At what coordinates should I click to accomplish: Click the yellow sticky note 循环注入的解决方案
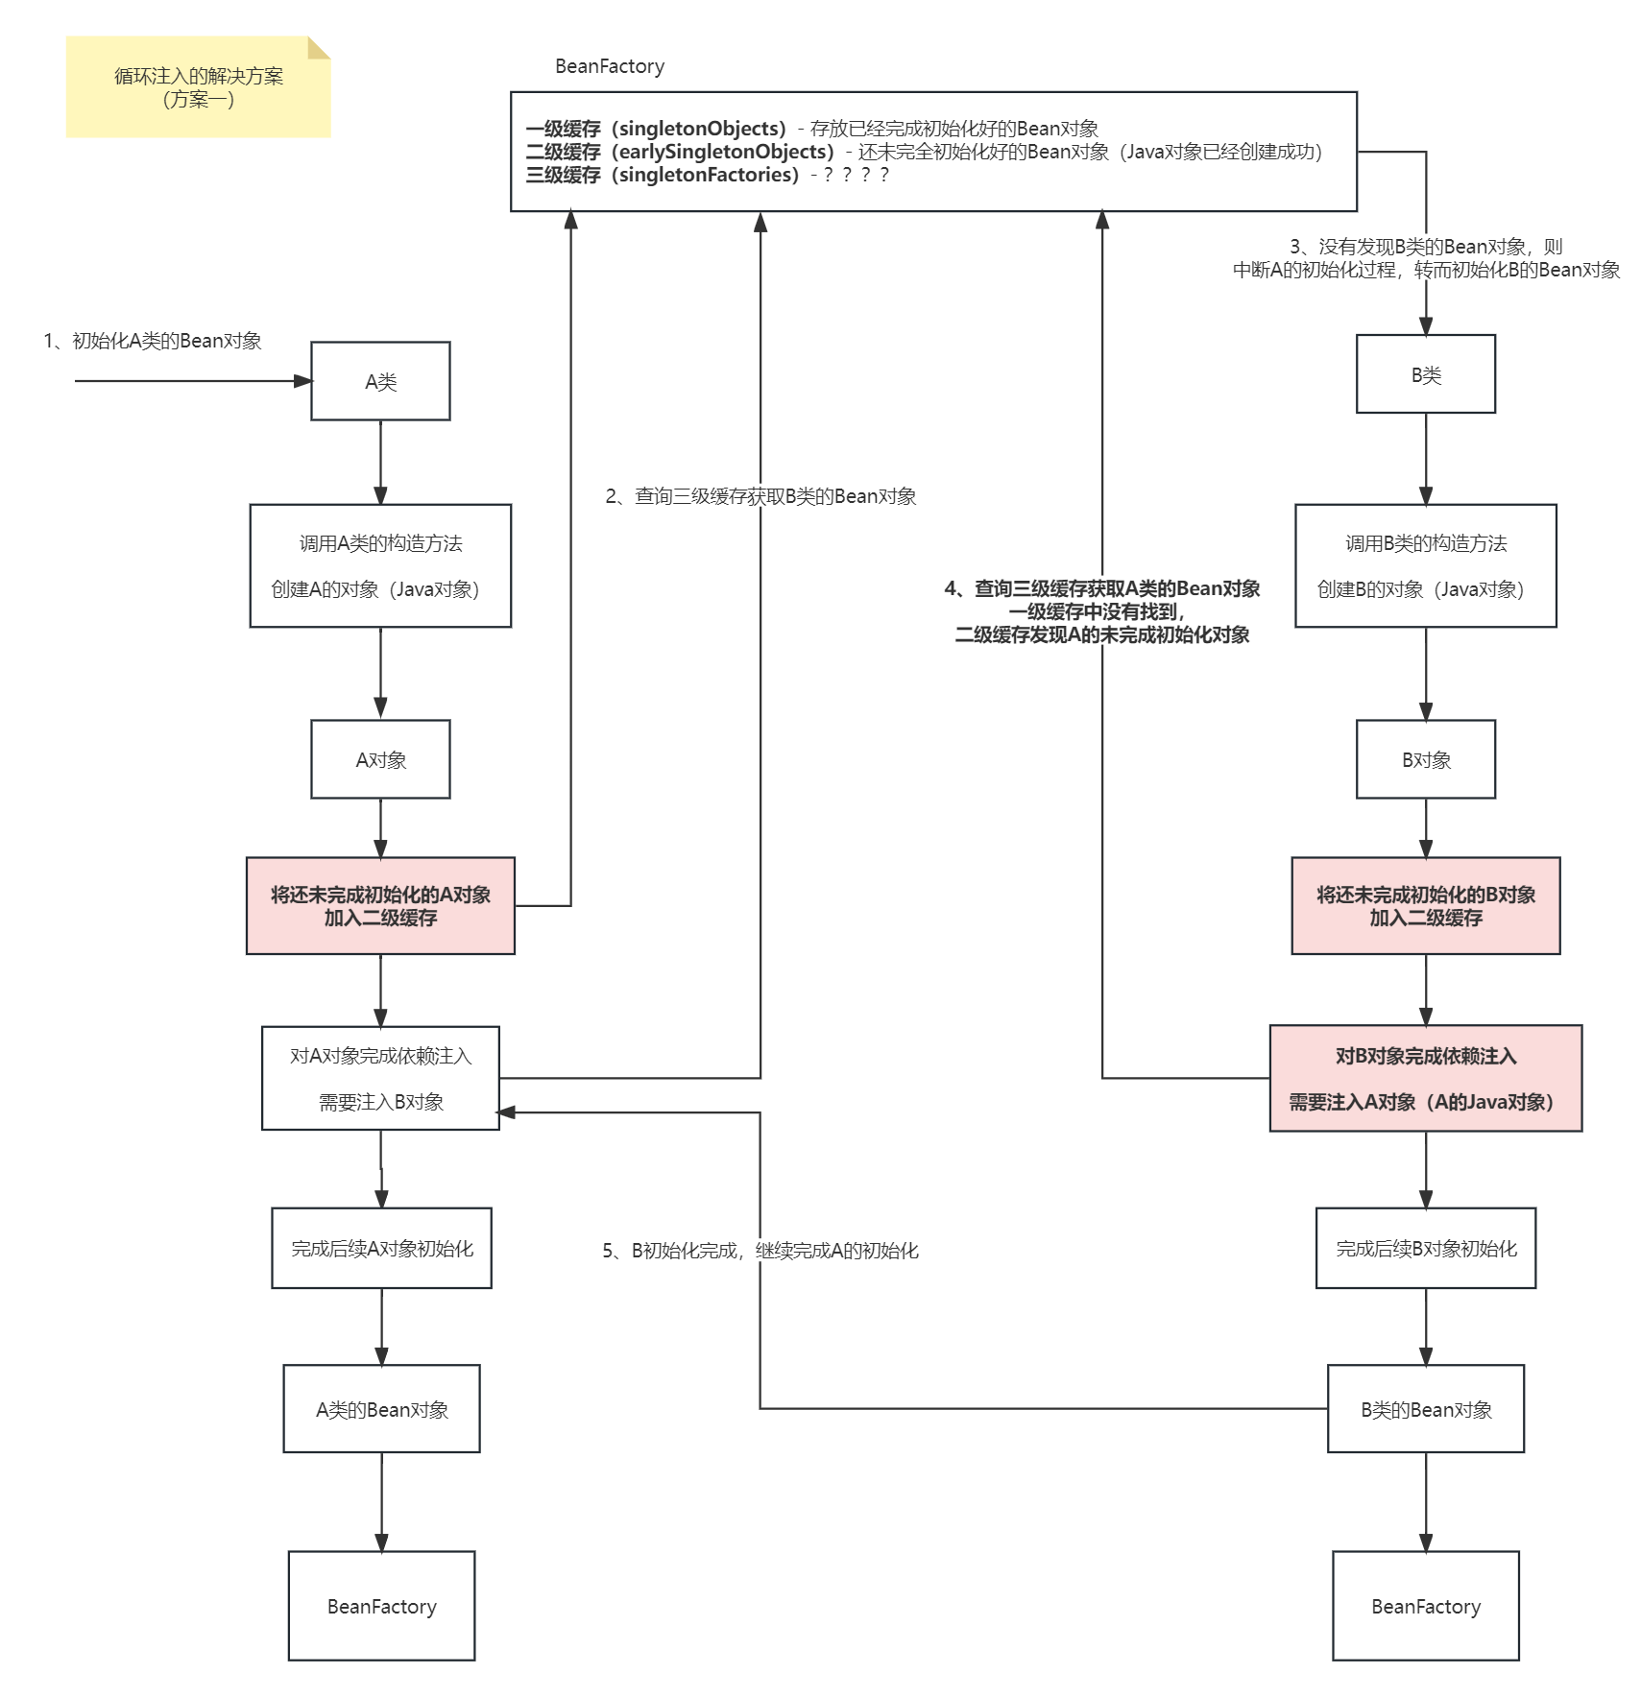coord(198,87)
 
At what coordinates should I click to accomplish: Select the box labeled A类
coord(380,381)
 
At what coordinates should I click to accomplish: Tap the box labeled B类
coord(1426,374)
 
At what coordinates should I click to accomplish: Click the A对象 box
coord(380,759)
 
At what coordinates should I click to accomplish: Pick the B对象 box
coord(1426,759)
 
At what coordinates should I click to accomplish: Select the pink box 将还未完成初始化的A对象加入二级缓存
coord(380,906)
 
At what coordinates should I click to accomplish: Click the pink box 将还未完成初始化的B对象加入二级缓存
coord(1426,906)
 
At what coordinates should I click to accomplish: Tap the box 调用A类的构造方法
coord(380,566)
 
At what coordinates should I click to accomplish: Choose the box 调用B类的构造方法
coord(1426,566)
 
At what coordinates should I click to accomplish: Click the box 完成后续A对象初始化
coord(381,1248)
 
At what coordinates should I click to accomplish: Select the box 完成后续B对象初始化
coord(1426,1248)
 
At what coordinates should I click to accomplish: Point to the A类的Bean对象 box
coord(381,1409)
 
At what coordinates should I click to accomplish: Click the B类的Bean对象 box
coord(1426,1409)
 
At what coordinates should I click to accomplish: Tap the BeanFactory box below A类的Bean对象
coord(381,1606)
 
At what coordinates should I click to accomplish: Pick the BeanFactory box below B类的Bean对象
coord(1426,1606)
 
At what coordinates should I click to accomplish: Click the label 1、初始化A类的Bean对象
coord(153,341)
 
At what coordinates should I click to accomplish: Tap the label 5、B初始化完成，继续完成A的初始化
coord(760,1250)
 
